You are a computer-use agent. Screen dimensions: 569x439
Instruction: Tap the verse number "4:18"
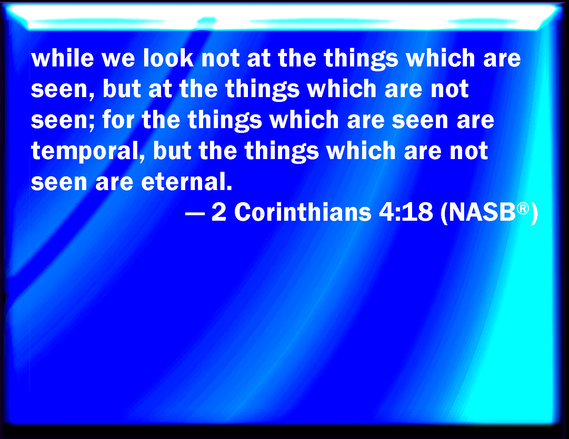pos(406,212)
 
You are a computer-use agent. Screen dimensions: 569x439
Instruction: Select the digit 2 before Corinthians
pos(219,212)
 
